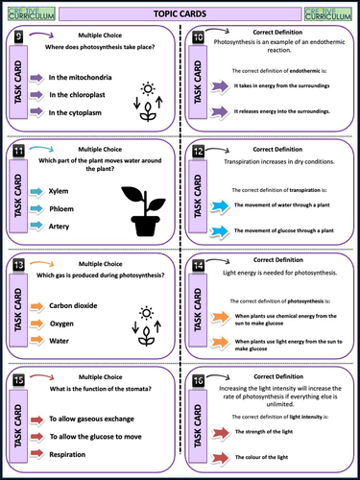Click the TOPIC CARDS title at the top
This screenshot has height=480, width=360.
180,13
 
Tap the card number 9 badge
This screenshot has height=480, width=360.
18,36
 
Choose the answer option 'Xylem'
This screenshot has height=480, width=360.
60,191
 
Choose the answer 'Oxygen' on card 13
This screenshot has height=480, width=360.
61,324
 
